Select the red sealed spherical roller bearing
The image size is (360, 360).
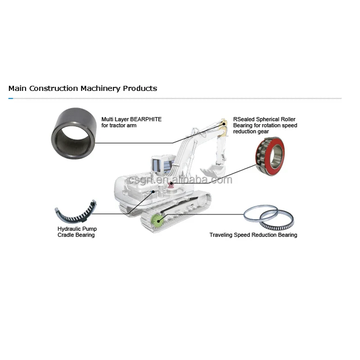click(270, 156)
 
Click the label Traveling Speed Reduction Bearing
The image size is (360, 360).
click(253, 235)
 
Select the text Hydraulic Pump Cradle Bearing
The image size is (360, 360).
click(76, 232)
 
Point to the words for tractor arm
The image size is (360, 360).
click(119, 126)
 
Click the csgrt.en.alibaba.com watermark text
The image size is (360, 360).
click(180, 180)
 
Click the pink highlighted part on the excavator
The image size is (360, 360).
click(171, 184)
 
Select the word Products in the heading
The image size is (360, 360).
click(140, 88)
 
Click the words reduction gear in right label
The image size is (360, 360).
click(251, 132)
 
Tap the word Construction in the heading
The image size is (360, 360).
click(54, 88)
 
